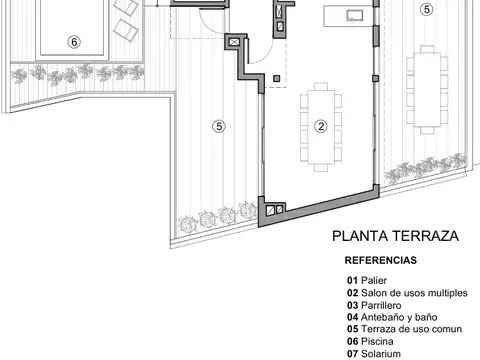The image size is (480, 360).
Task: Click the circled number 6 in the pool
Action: point(72,42)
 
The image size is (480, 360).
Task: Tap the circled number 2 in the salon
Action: point(321,126)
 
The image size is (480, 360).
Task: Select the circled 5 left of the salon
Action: point(218,125)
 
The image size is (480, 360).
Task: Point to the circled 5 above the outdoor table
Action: point(427,10)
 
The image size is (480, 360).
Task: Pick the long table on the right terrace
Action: point(427,89)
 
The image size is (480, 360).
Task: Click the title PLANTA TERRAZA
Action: point(394,237)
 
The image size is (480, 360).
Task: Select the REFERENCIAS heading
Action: point(381,260)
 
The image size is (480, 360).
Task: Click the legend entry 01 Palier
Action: point(366,280)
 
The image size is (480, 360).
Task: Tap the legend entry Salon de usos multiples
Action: point(406,293)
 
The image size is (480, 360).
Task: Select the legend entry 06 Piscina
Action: point(369,341)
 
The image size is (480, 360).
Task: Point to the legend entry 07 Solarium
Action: point(373,353)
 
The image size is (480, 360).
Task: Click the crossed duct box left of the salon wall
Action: point(233,43)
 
